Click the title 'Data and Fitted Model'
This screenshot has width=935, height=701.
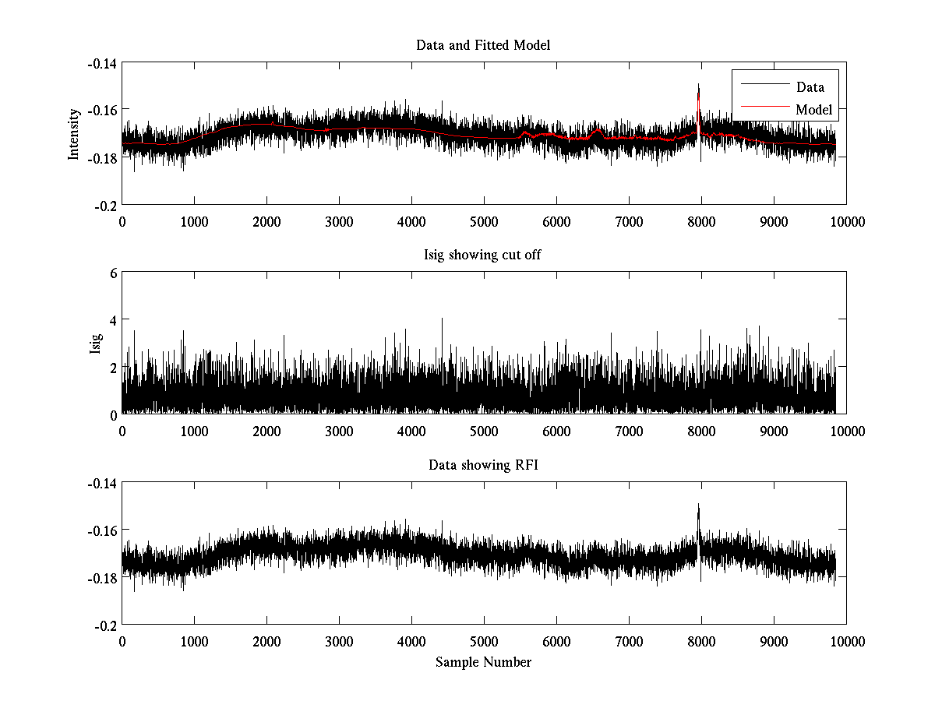(483, 45)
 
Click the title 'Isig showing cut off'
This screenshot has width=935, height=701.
(483, 255)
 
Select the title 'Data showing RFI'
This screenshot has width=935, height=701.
(483, 465)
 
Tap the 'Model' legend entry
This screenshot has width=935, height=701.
(813, 110)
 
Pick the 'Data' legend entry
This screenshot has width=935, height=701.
(810, 87)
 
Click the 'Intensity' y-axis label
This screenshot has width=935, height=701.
(74, 133)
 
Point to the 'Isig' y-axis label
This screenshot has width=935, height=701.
(96, 343)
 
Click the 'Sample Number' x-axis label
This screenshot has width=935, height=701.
(483, 662)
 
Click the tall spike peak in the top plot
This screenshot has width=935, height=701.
(698, 84)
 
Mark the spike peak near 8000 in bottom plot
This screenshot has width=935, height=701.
(698, 505)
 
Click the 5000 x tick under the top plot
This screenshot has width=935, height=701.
(484, 221)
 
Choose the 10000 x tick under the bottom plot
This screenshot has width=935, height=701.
(846, 641)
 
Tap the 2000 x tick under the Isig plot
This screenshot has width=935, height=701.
(266, 431)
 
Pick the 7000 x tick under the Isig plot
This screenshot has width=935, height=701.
(629, 431)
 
